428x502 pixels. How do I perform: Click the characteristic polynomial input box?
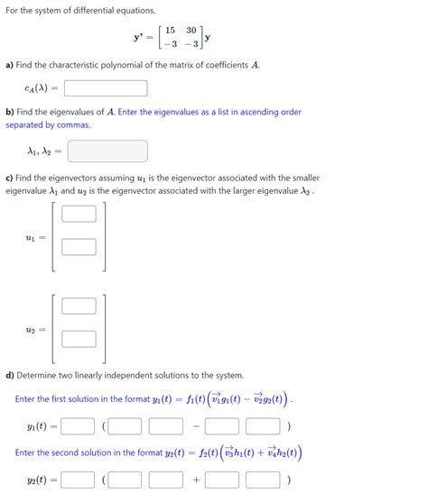[x=106, y=88]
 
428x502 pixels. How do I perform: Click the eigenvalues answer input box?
[x=107, y=151]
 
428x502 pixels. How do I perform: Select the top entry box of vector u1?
[x=79, y=214]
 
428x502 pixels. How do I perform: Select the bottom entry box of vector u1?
[x=79, y=246]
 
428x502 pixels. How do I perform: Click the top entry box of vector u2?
[x=79, y=306]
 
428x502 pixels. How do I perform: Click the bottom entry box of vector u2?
[x=79, y=338]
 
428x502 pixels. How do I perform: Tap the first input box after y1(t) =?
[x=79, y=425]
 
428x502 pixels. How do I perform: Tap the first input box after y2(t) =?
[x=79, y=480]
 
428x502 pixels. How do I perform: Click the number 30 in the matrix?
[x=191, y=30]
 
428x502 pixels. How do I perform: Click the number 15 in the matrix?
[x=169, y=30]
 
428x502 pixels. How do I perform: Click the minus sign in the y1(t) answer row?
[x=195, y=425]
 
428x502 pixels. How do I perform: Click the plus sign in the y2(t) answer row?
[x=195, y=480]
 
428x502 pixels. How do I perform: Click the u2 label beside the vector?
[x=33, y=330]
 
